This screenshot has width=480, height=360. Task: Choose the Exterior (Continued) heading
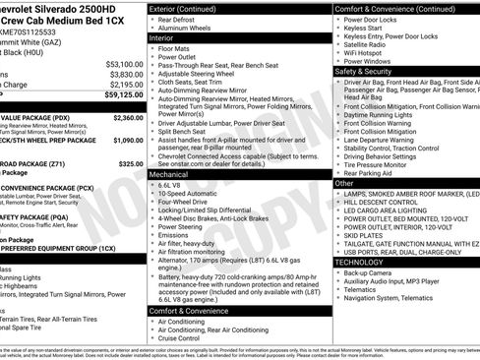point(190,8)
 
